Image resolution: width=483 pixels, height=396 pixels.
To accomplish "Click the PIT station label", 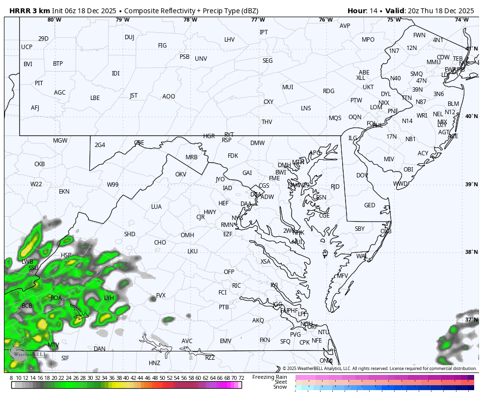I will coord(39,83).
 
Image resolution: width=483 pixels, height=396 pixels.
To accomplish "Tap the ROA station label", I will coord(56,298).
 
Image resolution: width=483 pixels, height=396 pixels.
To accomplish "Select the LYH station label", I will coord(109,298).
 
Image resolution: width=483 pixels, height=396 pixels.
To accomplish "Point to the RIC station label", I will coord(237,286).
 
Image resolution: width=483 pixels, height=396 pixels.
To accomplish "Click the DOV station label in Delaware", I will coord(362,175).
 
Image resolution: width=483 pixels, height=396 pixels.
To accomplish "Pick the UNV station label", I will coord(201,59).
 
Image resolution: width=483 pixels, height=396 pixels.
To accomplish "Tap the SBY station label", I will coord(360,229).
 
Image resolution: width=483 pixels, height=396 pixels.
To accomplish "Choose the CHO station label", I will coord(160,243).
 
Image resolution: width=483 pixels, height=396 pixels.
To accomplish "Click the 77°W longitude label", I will coord(258,20).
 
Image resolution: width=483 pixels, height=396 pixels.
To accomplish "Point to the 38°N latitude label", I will coord(471,252).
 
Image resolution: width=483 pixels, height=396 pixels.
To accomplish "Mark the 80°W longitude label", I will coord(54,20).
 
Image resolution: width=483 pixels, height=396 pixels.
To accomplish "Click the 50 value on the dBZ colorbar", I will coord(162,378).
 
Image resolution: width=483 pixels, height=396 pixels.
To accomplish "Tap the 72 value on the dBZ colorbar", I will coord(241,378).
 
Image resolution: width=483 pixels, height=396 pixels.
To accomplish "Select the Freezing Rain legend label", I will coord(269,377).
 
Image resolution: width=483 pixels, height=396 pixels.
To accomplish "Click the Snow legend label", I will coord(280,387).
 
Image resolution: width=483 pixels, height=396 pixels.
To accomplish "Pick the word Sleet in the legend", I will coord(280,382).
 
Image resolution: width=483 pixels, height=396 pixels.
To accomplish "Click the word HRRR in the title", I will coord(20,11).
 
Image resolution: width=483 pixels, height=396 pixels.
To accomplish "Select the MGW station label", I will coord(60,141).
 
